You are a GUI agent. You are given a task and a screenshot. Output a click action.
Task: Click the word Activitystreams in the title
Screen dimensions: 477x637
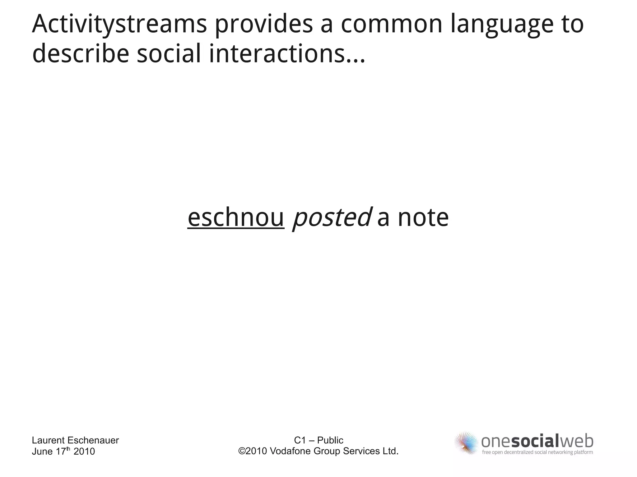point(119,24)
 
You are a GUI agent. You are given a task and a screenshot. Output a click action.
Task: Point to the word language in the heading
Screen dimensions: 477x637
point(502,24)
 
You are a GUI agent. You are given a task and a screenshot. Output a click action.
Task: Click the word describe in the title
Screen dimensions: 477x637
point(80,53)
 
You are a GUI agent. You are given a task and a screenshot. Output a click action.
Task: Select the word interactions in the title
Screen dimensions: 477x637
point(277,53)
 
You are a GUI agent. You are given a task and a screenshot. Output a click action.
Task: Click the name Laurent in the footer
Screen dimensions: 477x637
point(48,440)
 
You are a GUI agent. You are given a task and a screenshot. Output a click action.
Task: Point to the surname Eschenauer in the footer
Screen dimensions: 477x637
point(93,440)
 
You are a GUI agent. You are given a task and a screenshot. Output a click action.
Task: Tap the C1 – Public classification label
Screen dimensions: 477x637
point(318,440)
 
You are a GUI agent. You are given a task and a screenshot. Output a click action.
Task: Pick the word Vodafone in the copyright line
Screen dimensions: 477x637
point(290,451)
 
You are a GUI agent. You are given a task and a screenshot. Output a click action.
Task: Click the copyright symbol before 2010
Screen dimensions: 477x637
point(241,451)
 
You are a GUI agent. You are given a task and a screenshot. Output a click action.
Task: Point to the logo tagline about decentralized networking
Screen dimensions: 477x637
point(537,452)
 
